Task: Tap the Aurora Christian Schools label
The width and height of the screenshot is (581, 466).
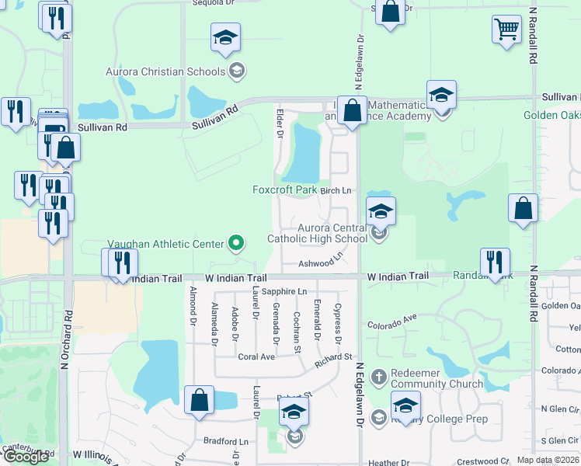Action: [x=165, y=72]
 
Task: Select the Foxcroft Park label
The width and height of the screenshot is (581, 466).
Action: [x=284, y=190]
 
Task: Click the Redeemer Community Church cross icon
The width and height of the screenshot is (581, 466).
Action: [x=378, y=375]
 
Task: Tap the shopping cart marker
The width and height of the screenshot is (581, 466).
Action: [x=506, y=30]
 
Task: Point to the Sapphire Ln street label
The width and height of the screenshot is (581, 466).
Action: [x=284, y=291]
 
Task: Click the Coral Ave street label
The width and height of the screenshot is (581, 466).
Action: [x=256, y=357]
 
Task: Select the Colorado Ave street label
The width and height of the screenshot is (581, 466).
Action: [x=392, y=321]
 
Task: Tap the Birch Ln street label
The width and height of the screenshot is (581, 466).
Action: [x=336, y=190]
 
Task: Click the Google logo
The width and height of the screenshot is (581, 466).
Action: [x=26, y=457]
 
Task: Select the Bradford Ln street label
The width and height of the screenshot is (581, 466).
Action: [x=225, y=441]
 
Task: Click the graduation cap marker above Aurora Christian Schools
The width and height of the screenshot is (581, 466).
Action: [x=225, y=37]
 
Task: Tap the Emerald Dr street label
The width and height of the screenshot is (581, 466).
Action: [x=317, y=319]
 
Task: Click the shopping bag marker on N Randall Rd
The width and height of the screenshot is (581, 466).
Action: [x=524, y=209]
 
